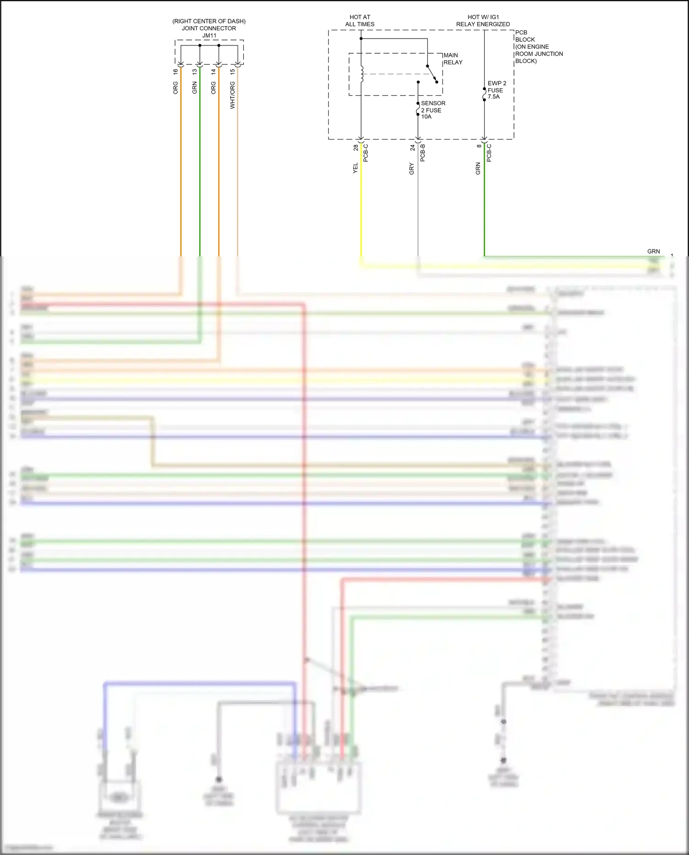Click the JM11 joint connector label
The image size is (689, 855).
pyautogui.click(x=209, y=35)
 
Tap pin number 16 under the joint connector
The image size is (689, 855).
pyautogui.click(x=175, y=72)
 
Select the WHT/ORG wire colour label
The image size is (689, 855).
pyautogui.click(x=232, y=95)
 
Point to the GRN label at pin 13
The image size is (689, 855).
pyautogui.click(x=194, y=88)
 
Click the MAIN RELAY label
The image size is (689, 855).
pyautogui.click(x=452, y=59)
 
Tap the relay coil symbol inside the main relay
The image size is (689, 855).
pyautogui.click(x=362, y=74)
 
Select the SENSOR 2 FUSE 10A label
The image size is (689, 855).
pyautogui.click(x=433, y=110)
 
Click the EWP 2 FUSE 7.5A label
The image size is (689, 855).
pyautogui.click(x=497, y=90)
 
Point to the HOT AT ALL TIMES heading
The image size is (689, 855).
pyautogui.click(x=360, y=21)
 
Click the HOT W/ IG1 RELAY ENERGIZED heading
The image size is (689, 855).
pyautogui.click(x=483, y=21)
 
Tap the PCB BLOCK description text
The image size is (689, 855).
pyautogui.click(x=538, y=46)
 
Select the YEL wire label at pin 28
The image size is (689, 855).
pyautogui.click(x=355, y=168)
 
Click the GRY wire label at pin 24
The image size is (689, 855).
pyautogui.click(x=412, y=169)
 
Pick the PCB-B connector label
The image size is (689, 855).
pyautogui.click(x=423, y=153)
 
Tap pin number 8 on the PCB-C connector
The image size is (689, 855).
pyautogui.click(x=479, y=146)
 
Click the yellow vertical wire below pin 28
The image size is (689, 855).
pyautogui.click(x=361, y=207)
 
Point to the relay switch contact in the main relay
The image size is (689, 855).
pyautogui.click(x=432, y=74)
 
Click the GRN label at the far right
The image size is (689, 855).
pyautogui.click(x=653, y=251)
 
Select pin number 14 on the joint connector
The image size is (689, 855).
pyautogui.click(x=213, y=72)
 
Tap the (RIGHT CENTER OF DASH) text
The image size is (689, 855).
pyautogui.click(x=209, y=21)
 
